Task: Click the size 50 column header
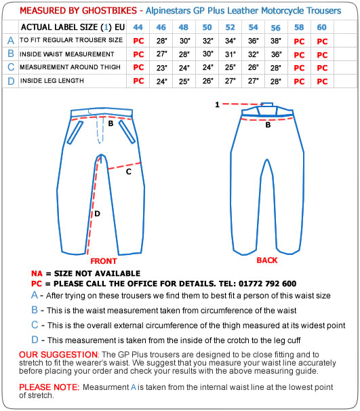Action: (x=207, y=27)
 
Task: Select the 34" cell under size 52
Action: (x=231, y=41)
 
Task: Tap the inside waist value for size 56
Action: (x=277, y=54)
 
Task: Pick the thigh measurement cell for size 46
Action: (x=161, y=68)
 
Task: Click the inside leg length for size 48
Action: (x=184, y=81)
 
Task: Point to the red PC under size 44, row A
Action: (x=138, y=41)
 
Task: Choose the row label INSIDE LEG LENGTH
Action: (x=52, y=81)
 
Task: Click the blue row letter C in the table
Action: (x=11, y=67)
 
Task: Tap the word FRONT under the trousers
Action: (x=104, y=261)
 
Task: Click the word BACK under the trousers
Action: (x=266, y=260)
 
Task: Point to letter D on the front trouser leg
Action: (x=97, y=214)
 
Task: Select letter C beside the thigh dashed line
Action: (x=128, y=172)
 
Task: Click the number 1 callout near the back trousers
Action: (x=217, y=104)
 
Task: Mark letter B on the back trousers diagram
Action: (x=268, y=125)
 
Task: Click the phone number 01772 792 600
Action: (x=268, y=283)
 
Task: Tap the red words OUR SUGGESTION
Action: (x=58, y=355)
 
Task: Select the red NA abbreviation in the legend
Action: (x=37, y=273)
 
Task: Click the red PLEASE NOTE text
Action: (x=49, y=387)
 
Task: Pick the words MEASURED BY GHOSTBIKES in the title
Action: (x=79, y=11)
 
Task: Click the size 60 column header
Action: (x=322, y=27)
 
